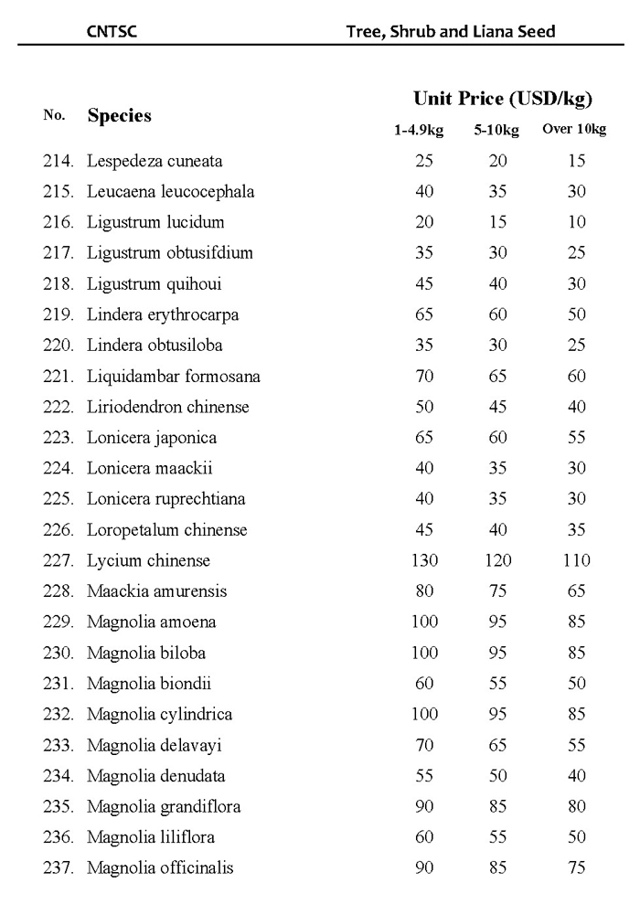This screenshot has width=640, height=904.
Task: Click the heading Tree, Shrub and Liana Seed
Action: (451, 31)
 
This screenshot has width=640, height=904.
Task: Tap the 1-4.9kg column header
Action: (419, 130)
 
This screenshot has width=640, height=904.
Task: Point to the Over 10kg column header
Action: (574, 129)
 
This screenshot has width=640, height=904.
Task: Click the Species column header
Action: (119, 116)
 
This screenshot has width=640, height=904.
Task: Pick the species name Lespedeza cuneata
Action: (155, 161)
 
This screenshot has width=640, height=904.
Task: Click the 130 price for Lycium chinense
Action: (424, 560)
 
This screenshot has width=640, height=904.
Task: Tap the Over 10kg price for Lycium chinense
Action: (576, 560)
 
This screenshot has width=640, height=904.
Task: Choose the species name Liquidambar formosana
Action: (174, 376)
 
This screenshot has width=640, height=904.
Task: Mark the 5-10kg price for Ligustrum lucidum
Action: (497, 222)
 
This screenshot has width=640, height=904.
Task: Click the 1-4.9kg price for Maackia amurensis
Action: (424, 590)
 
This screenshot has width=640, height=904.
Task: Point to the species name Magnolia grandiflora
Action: (164, 806)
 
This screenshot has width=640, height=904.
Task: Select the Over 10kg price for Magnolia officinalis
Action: (576, 867)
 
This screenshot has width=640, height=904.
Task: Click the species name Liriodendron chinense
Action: (168, 407)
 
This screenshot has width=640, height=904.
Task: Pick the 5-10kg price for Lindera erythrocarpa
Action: (497, 314)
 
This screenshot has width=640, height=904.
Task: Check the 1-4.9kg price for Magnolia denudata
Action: (424, 775)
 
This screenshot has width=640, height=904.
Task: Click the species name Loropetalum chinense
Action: (167, 529)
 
